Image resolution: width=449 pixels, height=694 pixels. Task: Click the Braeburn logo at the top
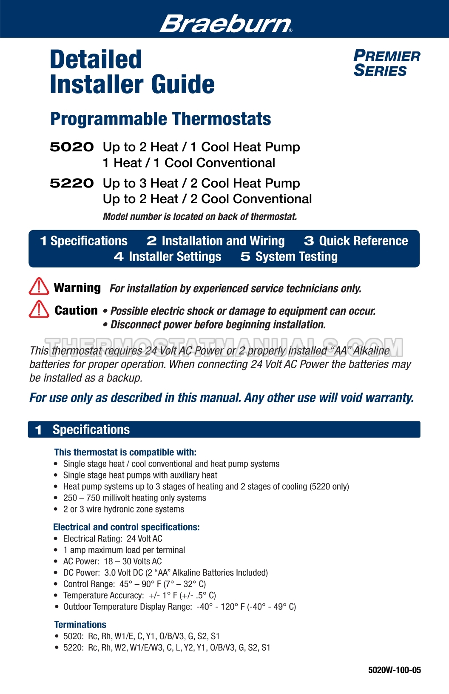coord(226,23)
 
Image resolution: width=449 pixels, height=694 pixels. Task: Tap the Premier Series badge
coord(386,63)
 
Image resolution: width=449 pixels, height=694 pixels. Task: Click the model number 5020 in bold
coord(71,147)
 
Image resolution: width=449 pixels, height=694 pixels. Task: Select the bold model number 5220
coord(71,183)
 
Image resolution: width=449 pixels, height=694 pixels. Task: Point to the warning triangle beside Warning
coord(39,286)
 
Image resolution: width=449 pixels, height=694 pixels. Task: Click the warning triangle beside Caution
coord(39,309)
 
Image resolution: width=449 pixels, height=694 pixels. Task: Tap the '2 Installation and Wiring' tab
coord(216,241)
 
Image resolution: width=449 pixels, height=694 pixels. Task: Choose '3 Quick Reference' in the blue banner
coord(356,241)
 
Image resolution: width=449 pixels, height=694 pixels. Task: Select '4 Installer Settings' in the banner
coord(168,257)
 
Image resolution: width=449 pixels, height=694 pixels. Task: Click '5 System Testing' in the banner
coord(289,257)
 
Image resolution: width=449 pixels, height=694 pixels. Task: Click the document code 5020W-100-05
coord(394,670)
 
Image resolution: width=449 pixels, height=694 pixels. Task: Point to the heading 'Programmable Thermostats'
coord(160,119)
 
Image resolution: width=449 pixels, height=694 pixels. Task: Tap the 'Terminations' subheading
coord(80,625)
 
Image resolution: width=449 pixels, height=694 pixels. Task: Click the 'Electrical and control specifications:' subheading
coord(126,527)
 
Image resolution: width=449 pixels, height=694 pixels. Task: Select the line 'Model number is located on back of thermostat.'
coord(200,217)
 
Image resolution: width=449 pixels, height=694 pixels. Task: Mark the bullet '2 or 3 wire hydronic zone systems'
coord(123,509)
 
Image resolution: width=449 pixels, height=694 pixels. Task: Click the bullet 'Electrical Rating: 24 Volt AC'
coord(113,539)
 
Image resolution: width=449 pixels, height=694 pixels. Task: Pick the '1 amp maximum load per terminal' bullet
coord(124,550)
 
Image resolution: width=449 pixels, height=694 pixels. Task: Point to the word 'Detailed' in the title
coord(96,60)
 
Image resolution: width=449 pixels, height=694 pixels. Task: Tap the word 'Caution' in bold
coord(76,310)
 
